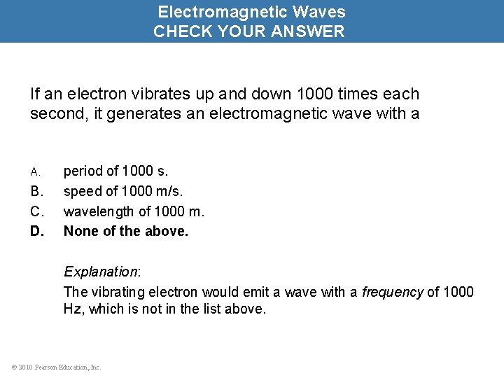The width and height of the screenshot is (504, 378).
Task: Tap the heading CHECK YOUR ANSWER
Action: pyautogui.click(x=249, y=31)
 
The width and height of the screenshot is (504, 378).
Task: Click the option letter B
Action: pyautogui.click(x=37, y=191)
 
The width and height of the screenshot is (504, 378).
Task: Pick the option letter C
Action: pyautogui.click(x=37, y=211)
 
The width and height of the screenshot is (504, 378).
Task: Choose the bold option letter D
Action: pyautogui.click(x=37, y=230)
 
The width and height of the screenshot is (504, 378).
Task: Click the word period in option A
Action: pyautogui.click(x=83, y=171)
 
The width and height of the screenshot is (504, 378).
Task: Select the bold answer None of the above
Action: pyautogui.click(x=126, y=230)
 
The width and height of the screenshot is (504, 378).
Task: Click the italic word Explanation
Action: pyautogui.click(x=100, y=272)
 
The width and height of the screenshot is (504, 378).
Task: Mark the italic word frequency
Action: pyautogui.click(x=392, y=292)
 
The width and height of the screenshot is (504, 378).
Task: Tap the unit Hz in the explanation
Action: pyautogui.click(x=72, y=309)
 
